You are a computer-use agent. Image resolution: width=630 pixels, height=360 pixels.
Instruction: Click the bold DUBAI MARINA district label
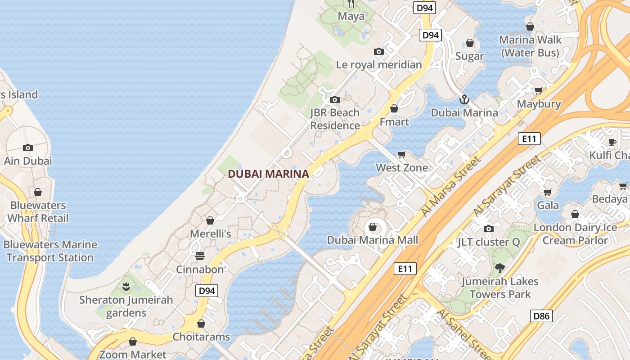click(x=268, y=174)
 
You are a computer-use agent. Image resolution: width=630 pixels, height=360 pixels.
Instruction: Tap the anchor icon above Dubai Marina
click(x=464, y=99)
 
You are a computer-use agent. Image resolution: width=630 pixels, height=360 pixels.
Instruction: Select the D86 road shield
click(x=541, y=316)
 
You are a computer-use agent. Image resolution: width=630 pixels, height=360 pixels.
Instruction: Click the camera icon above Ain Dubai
click(x=28, y=148)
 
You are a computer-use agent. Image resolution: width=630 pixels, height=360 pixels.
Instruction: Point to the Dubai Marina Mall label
click(x=373, y=240)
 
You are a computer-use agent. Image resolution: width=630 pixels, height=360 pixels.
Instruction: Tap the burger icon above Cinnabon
click(x=200, y=256)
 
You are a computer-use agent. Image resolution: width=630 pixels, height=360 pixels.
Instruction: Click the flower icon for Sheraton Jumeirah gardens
click(x=126, y=286)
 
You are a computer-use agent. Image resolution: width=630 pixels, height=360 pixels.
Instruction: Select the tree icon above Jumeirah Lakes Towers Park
click(x=499, y=268)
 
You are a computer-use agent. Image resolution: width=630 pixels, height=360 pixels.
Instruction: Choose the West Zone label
click(x=402, y=168)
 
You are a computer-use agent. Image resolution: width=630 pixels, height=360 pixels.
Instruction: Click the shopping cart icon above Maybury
click(x=538, y=90)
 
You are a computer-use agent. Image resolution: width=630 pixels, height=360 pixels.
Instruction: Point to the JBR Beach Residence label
click(x=335, y=119)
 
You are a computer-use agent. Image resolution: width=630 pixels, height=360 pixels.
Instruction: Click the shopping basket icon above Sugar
click(x=470, y=43)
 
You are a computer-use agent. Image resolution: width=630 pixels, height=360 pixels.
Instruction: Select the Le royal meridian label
click(x=379, y=64)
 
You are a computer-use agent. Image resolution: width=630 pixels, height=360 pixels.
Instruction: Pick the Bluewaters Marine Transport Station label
click(x=50, y=251)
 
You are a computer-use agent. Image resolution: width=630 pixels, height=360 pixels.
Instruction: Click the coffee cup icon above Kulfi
click(x=612, y=142)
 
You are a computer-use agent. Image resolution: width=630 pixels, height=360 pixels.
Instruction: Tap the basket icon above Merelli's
click(x=210, y=220)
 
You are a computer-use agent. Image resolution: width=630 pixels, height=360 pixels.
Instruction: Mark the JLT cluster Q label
click(x=488, y=242)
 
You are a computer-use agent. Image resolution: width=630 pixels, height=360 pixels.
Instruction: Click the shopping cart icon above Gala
click(x=548, y=192)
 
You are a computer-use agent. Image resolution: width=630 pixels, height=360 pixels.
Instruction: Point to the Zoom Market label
click(x=133, y=355)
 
